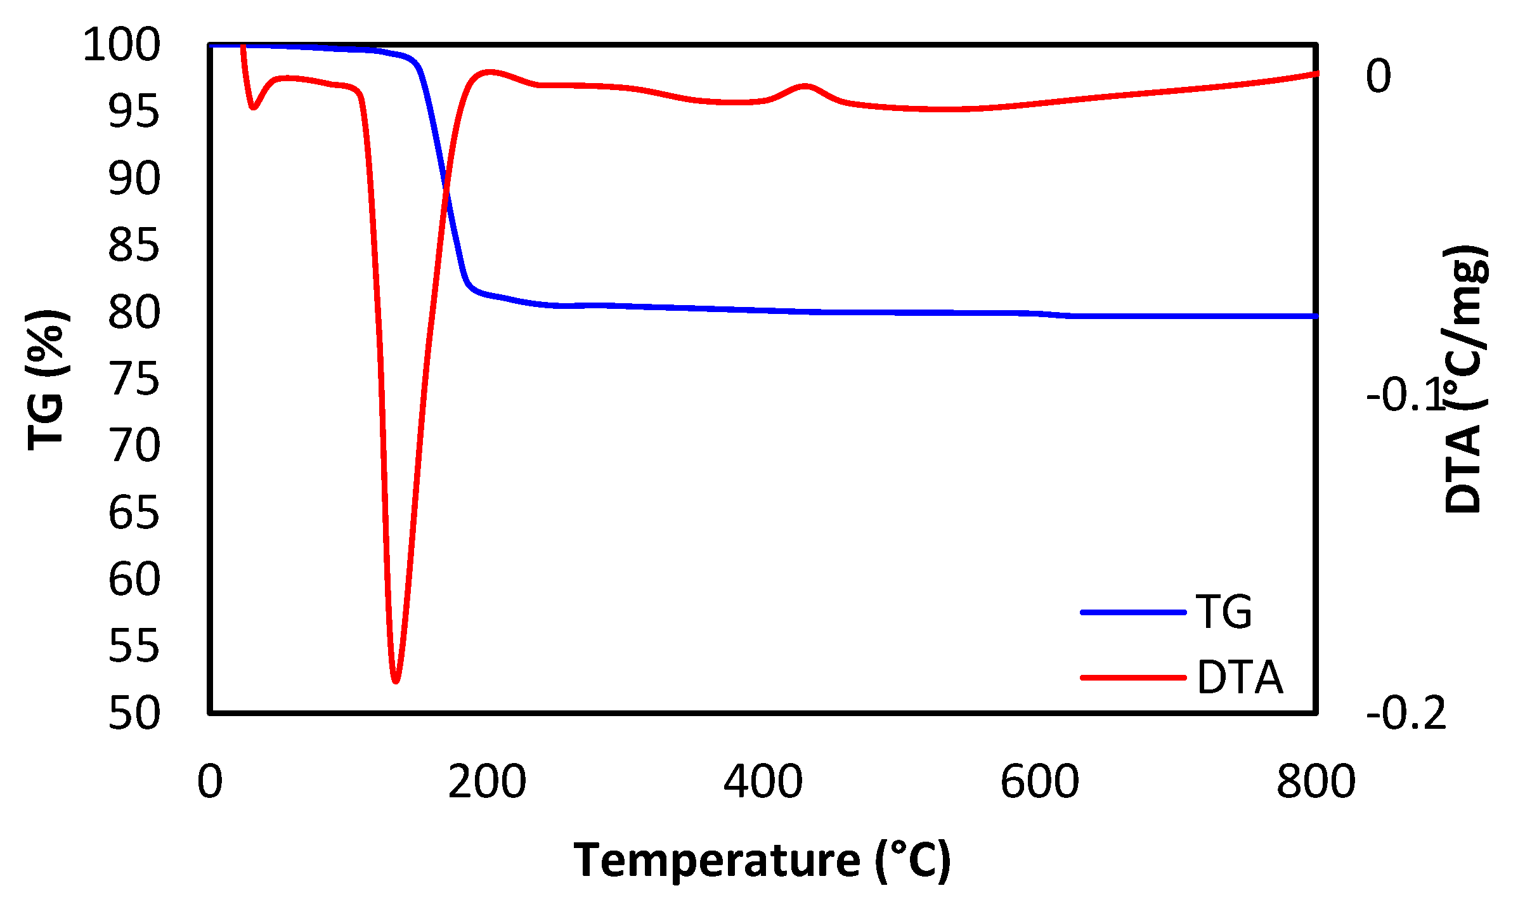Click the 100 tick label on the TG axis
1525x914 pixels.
pyautogui.click(x=122, y=46)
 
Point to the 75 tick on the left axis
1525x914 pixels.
pyautogui.click(x=134, y=380)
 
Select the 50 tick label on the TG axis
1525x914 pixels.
pyautogui.click(x=134, y=714)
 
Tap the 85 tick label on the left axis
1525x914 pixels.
pyautogui.click(x=134, y=246)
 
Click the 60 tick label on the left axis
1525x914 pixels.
pyautogui.click(x=134, y=580)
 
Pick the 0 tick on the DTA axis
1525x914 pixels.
pyautogui.click(x=1379, y=76)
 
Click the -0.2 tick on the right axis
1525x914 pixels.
pyautogui.click(x=1406, y=714)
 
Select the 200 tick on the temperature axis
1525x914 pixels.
pyautogui.click(x=486, y=782)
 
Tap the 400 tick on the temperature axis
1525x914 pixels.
pyautogui.click(x=763, y=782)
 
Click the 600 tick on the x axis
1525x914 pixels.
pyautogui.click(x=1039, y=782)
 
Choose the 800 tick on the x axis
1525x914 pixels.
pyautogui.click(x=1316, y=782)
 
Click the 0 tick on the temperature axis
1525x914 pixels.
pyautogui.click(x=210, y=782)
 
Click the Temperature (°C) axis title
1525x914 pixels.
pyautogui.click(x=762, y=861)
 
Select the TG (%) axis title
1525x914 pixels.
pyautogui.click(x=46, y=380)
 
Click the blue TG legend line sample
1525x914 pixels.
pyautogui.click(x=1133, y=612)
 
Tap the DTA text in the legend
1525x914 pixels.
pyautogui.click(x=1240, y=678)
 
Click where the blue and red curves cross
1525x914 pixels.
pyautogui.click(x=446, y=188)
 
